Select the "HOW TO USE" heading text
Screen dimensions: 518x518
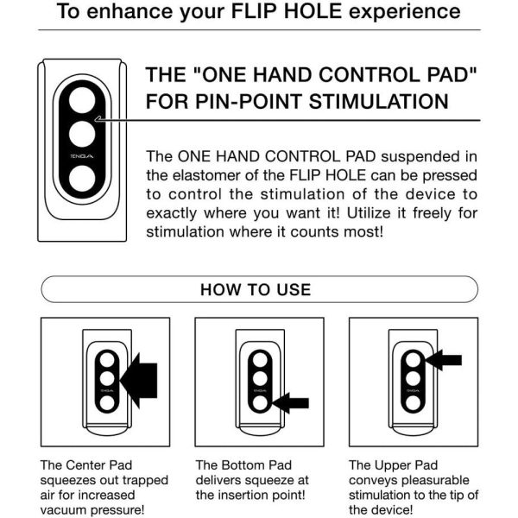(256, 289)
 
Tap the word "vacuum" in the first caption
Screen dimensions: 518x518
(66, 510)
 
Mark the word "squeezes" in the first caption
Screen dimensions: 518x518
(67, 479)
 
